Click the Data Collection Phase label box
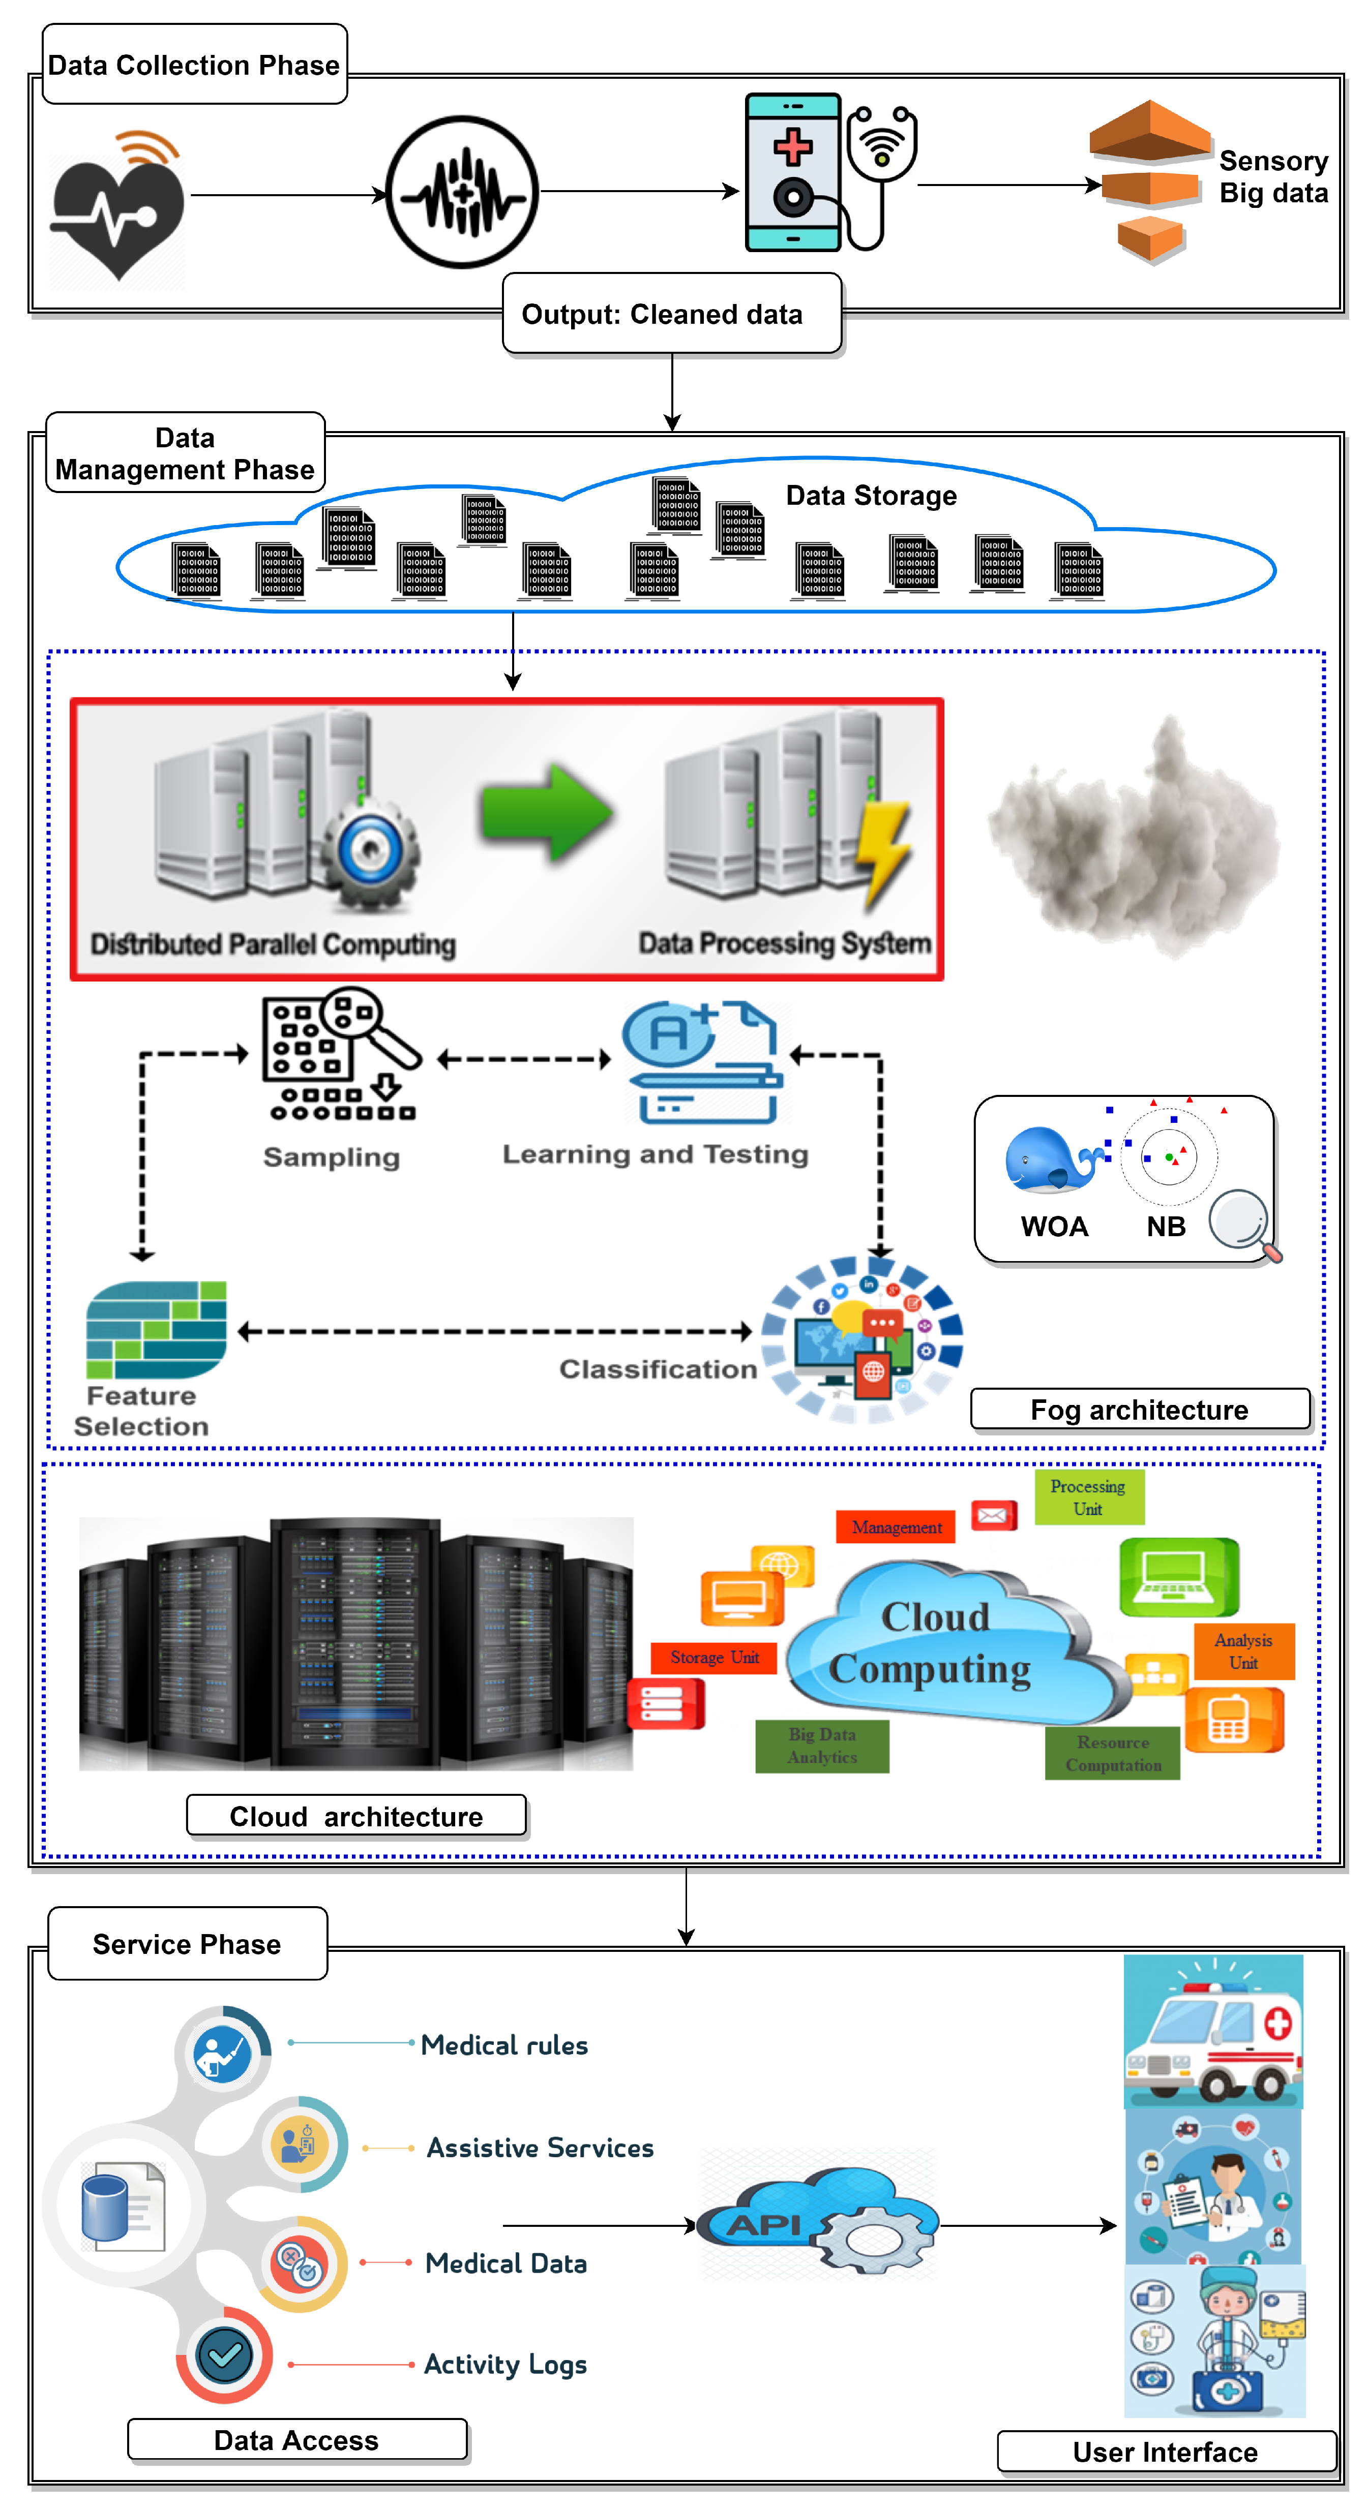click(x=195, y=65)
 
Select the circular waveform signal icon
click(x=462, y=192)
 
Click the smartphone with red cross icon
click(x=793, y=172)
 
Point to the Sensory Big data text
click(x=1273, y=176)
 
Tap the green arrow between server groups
click(x=546, y=812)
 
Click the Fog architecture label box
click(x=1140, y=1410)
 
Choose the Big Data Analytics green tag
click(x=822, y=1746)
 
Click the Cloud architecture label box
click(x=356, y=1816)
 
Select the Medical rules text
click(x=504, y=2045)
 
